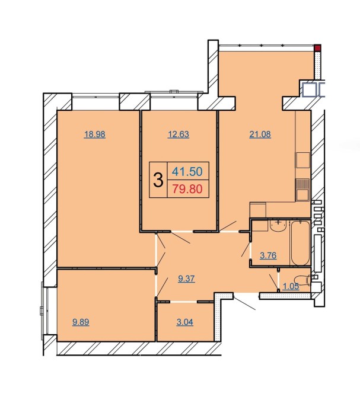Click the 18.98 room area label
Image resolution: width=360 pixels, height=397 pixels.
point(94,134)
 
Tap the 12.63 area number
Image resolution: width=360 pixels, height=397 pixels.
point(179,134)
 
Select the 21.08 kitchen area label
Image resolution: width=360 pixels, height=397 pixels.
point(260,134)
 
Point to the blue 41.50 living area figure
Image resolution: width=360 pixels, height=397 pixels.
point(187,171)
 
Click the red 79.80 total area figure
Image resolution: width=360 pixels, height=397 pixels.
point(187,189)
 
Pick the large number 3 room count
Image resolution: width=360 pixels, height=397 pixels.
point(158,180)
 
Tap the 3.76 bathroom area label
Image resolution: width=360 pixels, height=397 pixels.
point(268,255)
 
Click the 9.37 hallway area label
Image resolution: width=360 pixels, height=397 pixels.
point(186,278)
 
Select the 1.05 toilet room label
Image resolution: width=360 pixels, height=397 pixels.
point(291,286)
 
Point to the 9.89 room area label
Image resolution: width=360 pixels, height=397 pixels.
point(81,322)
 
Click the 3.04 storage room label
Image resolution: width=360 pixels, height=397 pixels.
point(184,322)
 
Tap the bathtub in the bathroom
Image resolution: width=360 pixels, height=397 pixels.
point(301,243)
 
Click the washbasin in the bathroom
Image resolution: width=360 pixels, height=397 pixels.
point(278,225)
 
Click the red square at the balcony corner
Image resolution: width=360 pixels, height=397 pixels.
point(317,48)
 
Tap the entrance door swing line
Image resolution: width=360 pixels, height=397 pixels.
point(244,302)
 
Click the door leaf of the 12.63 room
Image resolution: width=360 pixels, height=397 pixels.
point(181,237)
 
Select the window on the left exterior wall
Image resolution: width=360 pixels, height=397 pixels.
point(44,311)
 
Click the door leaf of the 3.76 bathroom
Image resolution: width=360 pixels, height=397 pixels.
point(246,249)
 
